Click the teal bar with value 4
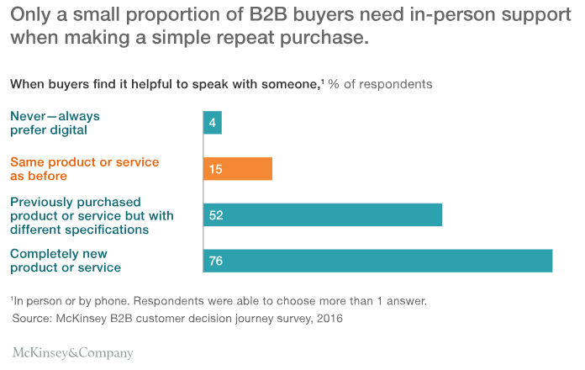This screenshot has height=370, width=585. coord(212,123)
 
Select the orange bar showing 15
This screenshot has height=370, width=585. coord(237,169)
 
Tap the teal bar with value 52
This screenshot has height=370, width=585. coord(323,215)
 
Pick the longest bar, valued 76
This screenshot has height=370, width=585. coord(377,261)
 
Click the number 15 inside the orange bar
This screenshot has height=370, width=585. coord(215,169)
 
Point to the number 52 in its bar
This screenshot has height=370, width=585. coord(216,215)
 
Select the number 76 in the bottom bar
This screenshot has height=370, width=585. coord(216,261)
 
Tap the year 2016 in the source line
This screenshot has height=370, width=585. coord(329,319)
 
